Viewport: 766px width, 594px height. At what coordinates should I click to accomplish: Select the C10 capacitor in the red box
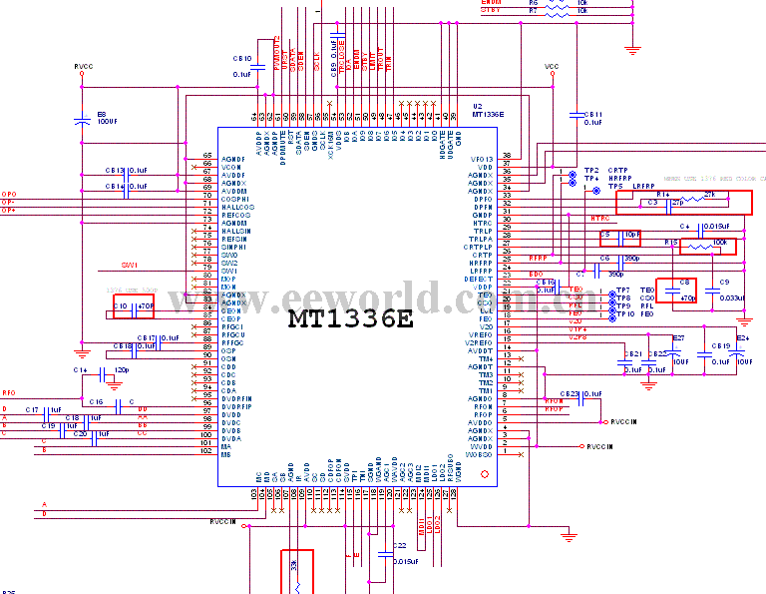[x=134, y=305]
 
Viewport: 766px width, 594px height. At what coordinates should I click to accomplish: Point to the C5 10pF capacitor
[x=620, y=237]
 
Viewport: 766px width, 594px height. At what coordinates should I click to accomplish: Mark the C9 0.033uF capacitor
[x=723, y=290]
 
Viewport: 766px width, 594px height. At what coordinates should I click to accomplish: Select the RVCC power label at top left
[x=83, y=67]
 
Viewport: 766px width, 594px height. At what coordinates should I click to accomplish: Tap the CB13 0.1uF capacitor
[x=126, y=171]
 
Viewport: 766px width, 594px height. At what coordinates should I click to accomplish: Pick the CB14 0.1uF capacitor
[x=126, y=187]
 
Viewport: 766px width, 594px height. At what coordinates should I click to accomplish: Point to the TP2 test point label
[x=591, y=171]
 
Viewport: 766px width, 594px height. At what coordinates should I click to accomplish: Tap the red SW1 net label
[x=129, y=266]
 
